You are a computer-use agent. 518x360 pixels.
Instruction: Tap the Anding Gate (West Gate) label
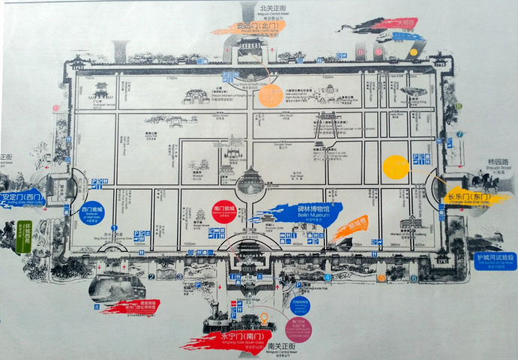pyautogui.click(x=22, y=199)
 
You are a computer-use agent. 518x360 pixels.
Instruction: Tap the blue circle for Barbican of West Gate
pyautogui.click(x=91, y=211)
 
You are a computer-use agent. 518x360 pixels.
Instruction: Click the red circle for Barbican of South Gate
pyautogui.click(x=223, y=211)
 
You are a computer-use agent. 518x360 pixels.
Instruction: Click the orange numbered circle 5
pyautogui.click(x=382, y=277)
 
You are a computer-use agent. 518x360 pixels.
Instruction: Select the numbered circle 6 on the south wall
pyautogui.click(x=414, y=278)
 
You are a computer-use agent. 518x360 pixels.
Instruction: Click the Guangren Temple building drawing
pyautogui.click(x=100, y=91)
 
